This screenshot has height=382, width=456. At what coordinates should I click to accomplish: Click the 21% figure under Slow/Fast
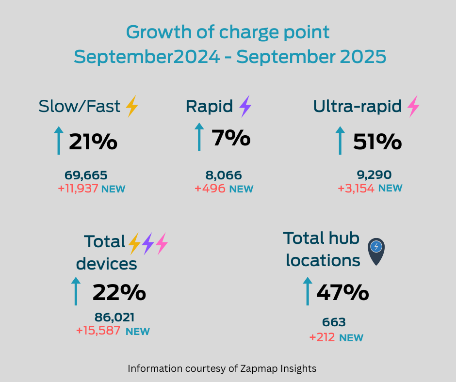pyautogui.click(x=93, y=142)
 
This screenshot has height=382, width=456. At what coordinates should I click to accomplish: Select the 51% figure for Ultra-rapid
pyautogui.click(x=377, y=142)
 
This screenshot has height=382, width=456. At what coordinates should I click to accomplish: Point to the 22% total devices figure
pyautogui.click(x=119, y=292)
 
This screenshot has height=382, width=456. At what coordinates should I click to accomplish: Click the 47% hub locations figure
pyautogui.click(x=342, y=292)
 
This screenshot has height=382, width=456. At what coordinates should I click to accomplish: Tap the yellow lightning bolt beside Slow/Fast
pyautogui.click(x=132, y=106)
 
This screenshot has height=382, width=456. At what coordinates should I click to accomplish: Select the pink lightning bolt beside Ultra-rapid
pyautogui.click(x=413, y=106)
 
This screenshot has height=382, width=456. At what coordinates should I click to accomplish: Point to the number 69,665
pyautogui.click(x=86, y=175)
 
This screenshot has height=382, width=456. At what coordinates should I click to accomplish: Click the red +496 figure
pyautogui.click(x=210, y=188)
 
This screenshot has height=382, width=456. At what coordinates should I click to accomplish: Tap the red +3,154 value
pyautogui.click(x=356, y=188)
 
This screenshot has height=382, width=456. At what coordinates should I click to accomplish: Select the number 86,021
pyautogui.click(x=114, y=318)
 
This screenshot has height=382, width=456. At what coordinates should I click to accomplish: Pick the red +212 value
pyautogui.click(x=322, y=337)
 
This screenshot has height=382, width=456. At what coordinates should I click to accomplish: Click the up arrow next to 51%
pyautogui.click(x=340, y=141)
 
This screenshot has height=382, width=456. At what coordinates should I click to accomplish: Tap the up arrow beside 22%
pyautogui.click(x=76, y=291)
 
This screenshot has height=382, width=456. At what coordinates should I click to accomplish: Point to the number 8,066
pyautogui.click(x=224, y=175)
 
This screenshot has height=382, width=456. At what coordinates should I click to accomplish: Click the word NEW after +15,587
pyautogui.click(x=137, y=332)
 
